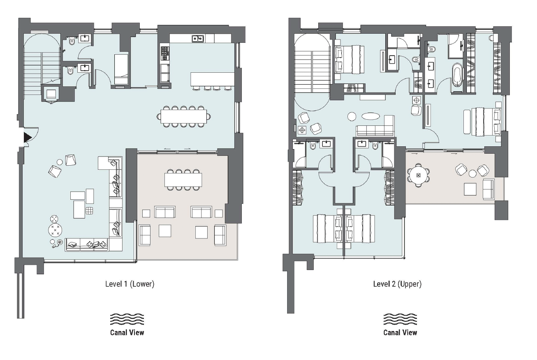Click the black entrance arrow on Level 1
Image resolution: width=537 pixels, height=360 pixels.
click(27, 137)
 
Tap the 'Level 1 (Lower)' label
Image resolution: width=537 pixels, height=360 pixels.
click(130, 284)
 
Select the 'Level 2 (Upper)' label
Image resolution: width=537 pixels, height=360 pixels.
click(397, 284)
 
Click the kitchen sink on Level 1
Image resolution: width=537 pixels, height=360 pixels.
click(198, 38)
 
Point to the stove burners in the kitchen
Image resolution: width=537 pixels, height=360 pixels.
click(164, 53)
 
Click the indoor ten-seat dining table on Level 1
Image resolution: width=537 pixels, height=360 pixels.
click(184, 117)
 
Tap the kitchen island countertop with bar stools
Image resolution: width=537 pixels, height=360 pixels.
click(213, 79)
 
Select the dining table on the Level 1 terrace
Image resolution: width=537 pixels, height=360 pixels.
click(183, 180)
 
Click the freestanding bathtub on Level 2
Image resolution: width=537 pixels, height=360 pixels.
click(457, 74)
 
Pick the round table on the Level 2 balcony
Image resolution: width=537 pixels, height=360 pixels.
click(418, 175)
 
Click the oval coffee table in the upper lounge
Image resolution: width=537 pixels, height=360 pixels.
click(370, 116)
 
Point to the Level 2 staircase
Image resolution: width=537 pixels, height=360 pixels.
click(312, 72)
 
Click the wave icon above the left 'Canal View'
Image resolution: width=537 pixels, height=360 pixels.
click(127, 319)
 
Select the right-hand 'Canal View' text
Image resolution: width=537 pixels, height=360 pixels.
click(400, 332)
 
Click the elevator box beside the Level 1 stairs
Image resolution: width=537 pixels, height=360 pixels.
click(51, 94)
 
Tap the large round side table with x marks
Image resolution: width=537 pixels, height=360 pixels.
click(55, 230)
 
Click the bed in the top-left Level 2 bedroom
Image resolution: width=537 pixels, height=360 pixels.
click(349, 59)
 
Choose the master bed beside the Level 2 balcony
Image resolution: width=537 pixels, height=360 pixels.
click(486, 122)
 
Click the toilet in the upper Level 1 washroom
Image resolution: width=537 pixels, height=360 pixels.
click(72, 42)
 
